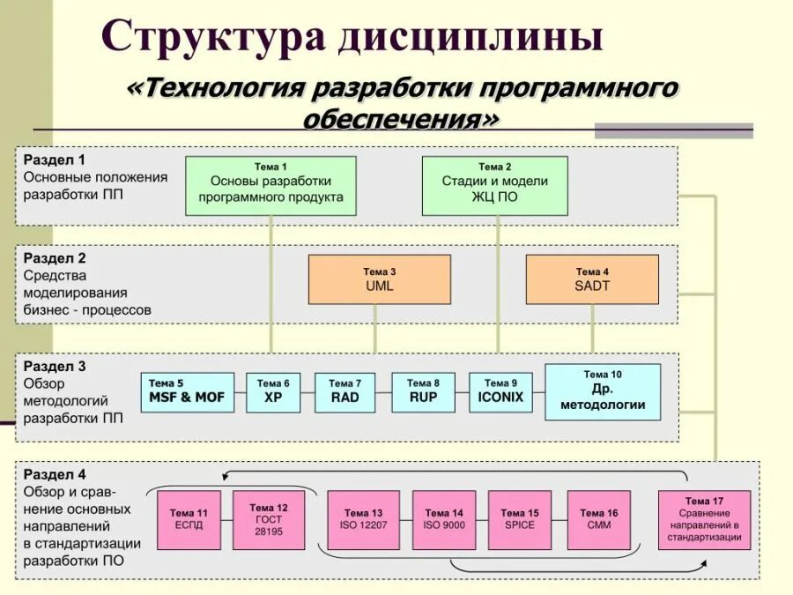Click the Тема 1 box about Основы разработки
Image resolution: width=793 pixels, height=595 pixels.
tap(271, 186)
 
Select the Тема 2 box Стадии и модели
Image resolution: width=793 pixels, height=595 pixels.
tap(494, 186)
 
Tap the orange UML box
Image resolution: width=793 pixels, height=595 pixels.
tap(379, 279)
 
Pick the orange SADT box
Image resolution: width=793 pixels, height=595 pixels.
tap(592, 279)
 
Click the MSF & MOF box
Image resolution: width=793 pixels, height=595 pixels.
tap(186, 392)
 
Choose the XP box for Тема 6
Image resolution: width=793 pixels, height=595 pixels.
tap(272, 392)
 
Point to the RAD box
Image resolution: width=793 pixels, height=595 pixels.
tap(345, 392)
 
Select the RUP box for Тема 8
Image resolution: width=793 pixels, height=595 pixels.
tap(423, 392)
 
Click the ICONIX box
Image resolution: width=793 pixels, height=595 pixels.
tap(500, 392)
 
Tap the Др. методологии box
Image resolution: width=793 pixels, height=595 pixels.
tap(603, 391)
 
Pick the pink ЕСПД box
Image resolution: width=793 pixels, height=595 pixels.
tap(189, 520)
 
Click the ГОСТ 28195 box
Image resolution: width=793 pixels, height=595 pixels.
tap(269, 520)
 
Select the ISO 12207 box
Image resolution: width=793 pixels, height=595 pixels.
tap(363, 520)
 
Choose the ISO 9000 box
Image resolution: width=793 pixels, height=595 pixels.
tap(444, 520)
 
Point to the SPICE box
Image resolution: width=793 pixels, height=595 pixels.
tap(520, 520)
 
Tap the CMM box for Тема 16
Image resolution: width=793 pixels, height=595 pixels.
tap(598, 520)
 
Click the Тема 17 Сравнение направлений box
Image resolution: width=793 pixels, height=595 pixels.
tap(704, 520)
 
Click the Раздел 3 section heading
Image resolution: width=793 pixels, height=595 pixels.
tap(55, 366)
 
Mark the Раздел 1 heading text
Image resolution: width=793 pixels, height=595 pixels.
tap(55, 160)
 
